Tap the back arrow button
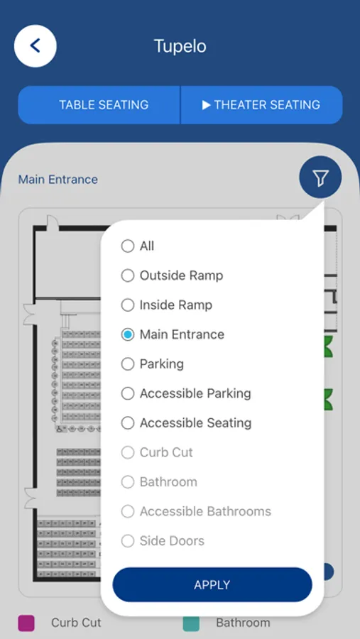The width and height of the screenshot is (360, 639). pyautogui.click(x=36, y=46)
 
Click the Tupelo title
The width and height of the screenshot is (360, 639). pyautogui.click(x=180, y=46)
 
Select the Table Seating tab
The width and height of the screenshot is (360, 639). pyautogui.click(x=99, y=105)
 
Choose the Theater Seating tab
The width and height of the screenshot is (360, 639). pyautogui.click(x=261, y=105)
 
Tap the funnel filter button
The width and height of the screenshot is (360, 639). pyautogui.click(x=320, y=177)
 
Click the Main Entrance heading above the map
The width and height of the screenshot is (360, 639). pyautogui.click(x=58, y=180)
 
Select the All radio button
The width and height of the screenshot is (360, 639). pyautogui.click(x=128, y=246)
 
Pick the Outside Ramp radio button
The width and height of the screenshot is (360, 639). pyautogui.click(x=128, y=275)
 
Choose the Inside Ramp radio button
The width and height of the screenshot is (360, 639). pyautogui.click(x=128, y=305)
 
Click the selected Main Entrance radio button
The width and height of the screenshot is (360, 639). pyautogui.click(x=128, y=334)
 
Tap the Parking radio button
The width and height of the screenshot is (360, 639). pyautogui.click(x=128, y=364)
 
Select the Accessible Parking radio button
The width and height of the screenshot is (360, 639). pyautogui.click(x=128, y=393)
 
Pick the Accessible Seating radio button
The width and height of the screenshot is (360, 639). pyautogui.click(x=128, y=423)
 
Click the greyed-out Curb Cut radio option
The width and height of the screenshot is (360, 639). pyautogui.click(x=128, y=452)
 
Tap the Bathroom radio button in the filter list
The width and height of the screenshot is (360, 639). pyautogui.click(x=128, y=481)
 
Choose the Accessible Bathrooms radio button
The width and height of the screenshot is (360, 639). pyautogui.click(x=128, y=511)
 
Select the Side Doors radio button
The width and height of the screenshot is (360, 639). pyautogui.click(x=128, y=541)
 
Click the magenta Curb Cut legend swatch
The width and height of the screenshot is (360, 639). pyautogui.click(x=26, y=623)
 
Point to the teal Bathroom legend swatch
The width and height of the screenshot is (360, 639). pyautogui.click(x=191, y=623)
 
